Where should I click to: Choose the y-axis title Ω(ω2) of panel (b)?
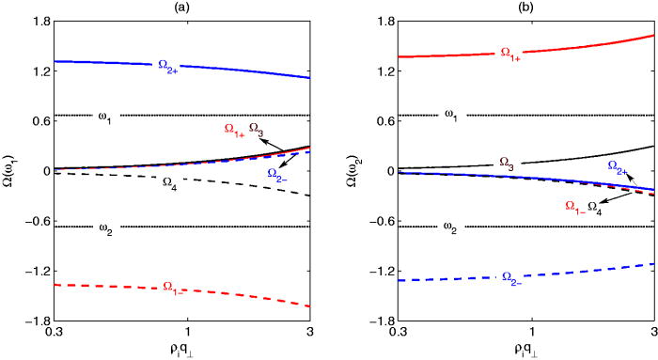[352, 171]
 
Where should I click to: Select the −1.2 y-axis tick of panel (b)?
[368, 274]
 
